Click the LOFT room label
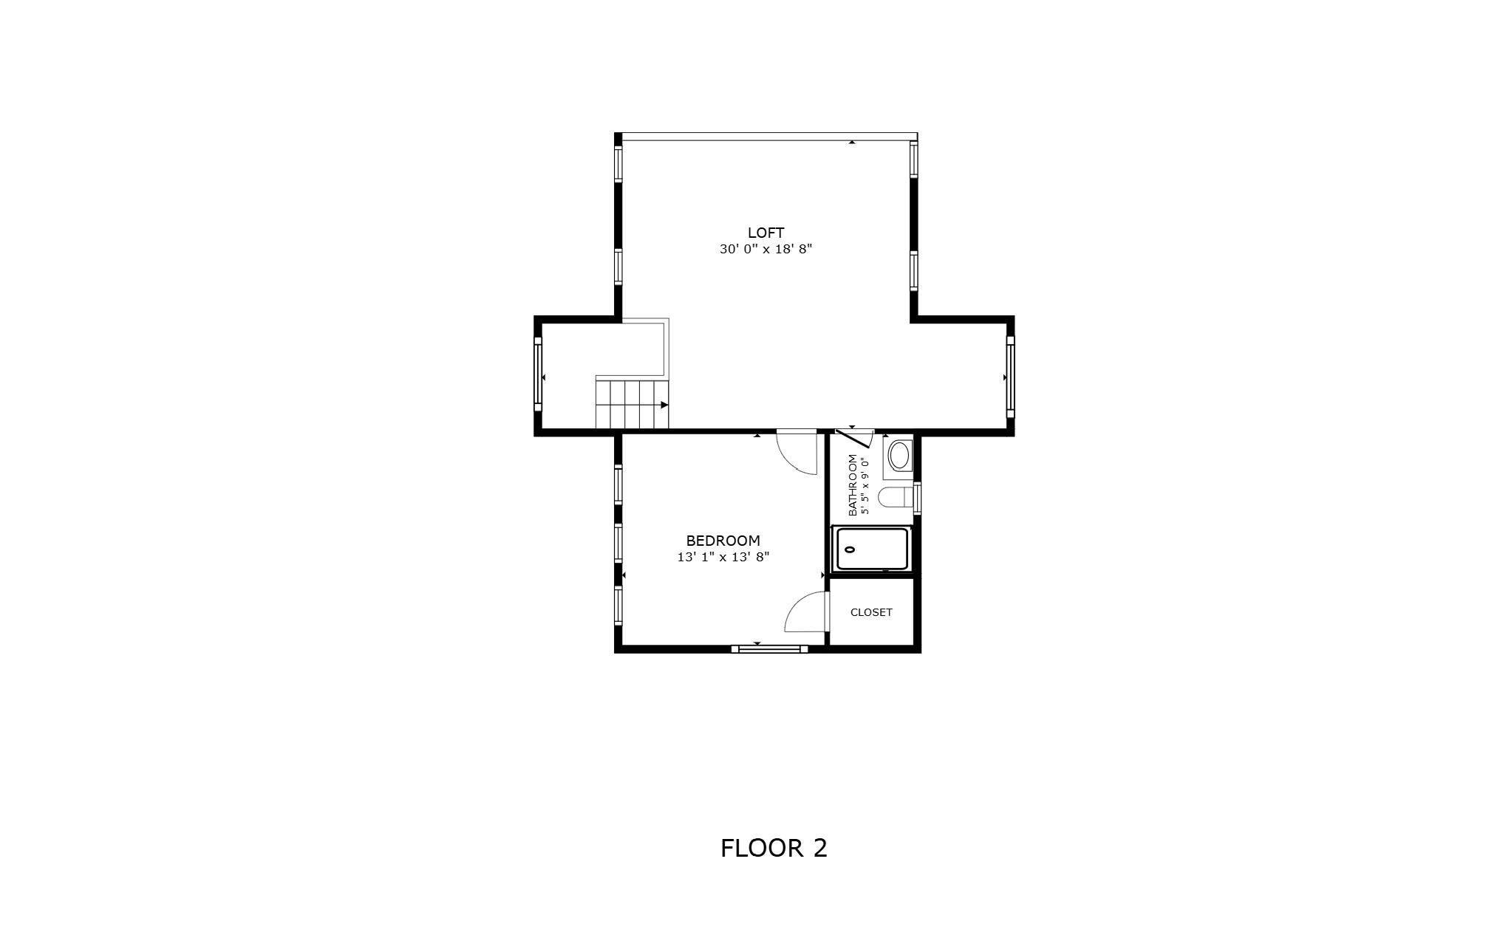click(x=766, y=233)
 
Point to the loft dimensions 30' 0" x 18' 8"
click(x=766, y=250)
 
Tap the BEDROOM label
click(x=723, y=541)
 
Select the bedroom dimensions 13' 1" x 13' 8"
click(x=723, y=558)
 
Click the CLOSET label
click(x=871, y=612)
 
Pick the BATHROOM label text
click(x=853, y=484)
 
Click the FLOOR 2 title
click(x=774, y=848)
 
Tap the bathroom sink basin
click(x=899, y=456)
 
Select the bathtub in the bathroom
click(x=871, y=549)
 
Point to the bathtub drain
click(x=850, y=549)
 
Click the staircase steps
click(x=632, y=404)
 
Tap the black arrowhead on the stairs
click(x=664, y=405)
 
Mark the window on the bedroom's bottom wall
click(x=769, y=649)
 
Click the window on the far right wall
click(x=1010, y=377)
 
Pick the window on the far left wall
click(x=538, y=374)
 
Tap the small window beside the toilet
click(x=917, y=497)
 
